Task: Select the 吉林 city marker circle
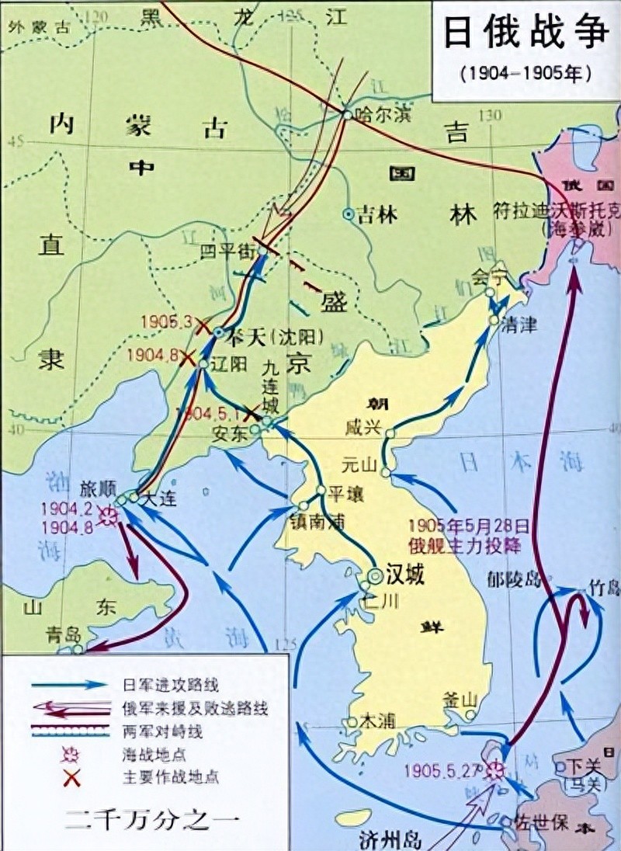click(x=349, y=213)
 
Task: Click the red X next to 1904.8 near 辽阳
click(x=187, y=358)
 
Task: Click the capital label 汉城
click(x=406, y=576)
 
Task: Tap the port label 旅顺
click(x=98, y=491)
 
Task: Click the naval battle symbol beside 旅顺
click(x=109, y=516)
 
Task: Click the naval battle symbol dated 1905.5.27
click(x=494, y=769)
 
